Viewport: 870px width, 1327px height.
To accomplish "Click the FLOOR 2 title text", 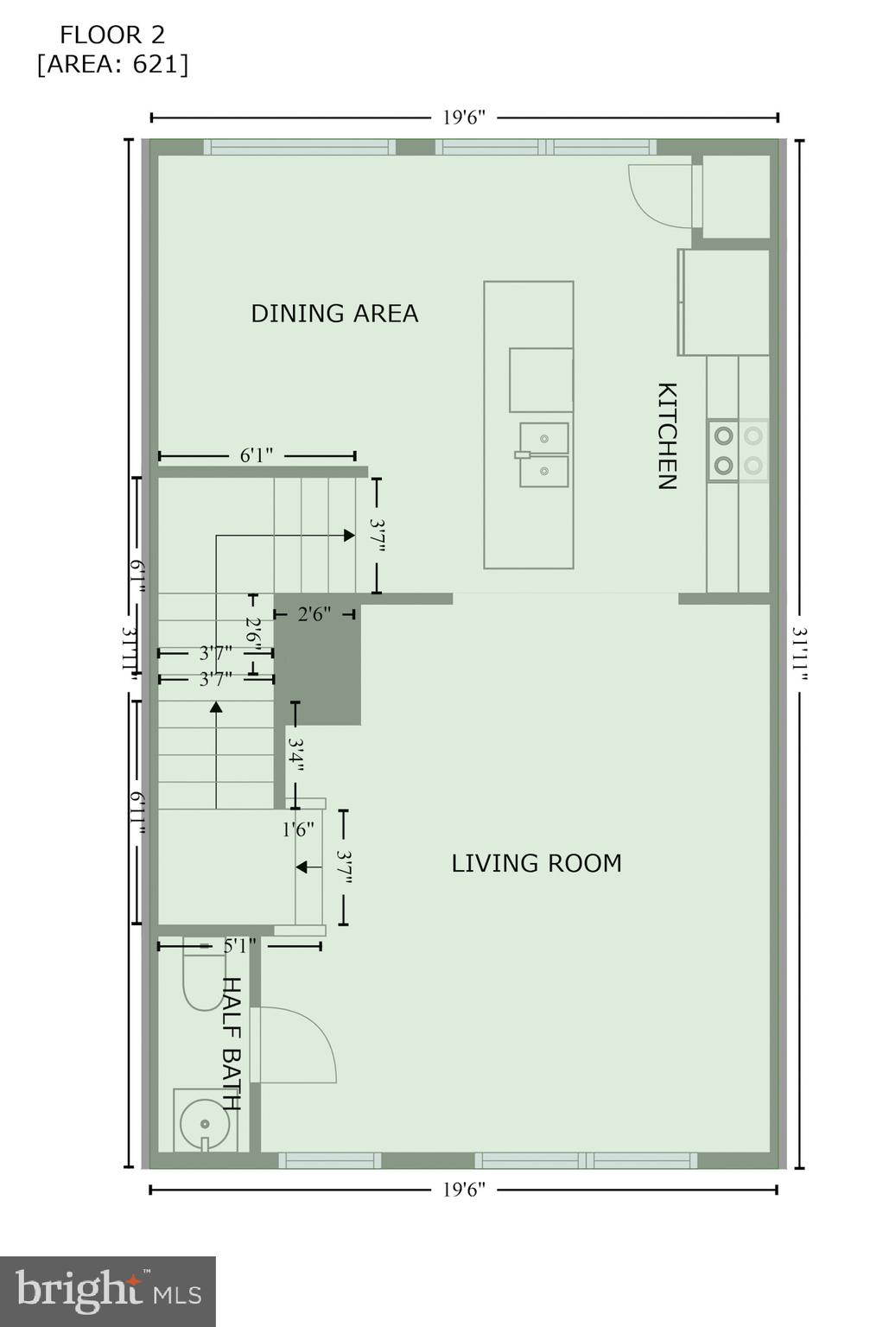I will [111, 35].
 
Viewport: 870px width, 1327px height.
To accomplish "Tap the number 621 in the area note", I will [155, 64].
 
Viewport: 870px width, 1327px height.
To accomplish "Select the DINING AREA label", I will [334, 313].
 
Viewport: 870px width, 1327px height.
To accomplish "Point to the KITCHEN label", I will [666, 435].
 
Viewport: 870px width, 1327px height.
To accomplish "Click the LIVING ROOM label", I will [536, 863].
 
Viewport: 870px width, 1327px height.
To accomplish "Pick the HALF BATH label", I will [231, 1043].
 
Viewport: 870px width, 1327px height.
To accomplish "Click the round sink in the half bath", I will [205, 1124].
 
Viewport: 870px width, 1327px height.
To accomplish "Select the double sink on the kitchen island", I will [543, 454].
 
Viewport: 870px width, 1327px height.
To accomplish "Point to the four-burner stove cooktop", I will [738, 450].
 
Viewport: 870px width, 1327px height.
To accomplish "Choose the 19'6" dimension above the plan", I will [464, 117].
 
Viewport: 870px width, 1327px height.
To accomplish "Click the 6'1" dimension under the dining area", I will [257, 455].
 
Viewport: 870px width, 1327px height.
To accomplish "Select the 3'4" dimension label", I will [295, 754].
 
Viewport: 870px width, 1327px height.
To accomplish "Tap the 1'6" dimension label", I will [298, 830].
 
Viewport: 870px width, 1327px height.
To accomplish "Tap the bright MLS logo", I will [108, 1291].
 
